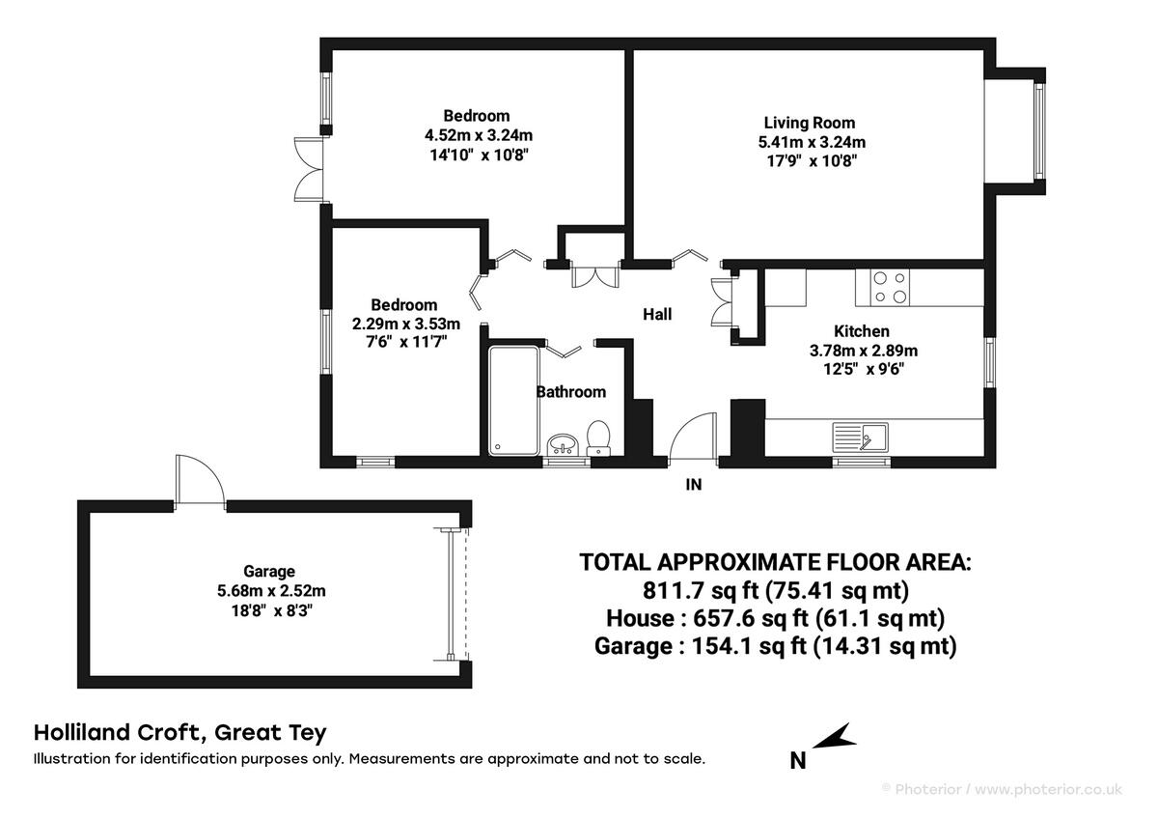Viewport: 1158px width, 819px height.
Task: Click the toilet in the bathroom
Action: [598, 438]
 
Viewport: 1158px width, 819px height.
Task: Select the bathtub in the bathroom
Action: [513, 401]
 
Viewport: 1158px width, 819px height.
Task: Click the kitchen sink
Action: [860, 438]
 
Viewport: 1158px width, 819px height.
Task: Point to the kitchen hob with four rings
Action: [889, 287]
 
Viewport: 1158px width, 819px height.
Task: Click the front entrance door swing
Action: [693, 437]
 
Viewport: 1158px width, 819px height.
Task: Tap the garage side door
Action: [200, 479]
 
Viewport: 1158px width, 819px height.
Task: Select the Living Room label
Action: [810, 123]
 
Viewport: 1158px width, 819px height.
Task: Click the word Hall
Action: [657, 314]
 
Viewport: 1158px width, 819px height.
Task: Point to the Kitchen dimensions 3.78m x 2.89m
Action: [864, 351]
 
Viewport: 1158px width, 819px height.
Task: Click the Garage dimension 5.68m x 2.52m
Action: [271, 591]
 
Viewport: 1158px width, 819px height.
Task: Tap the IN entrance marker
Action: [694, 484]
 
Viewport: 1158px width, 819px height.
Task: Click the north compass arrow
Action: [834, 737]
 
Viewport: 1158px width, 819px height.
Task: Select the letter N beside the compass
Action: [798, 760]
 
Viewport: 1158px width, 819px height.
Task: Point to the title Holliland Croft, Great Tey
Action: [180, 733]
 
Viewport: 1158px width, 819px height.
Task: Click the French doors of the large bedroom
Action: [309, 169]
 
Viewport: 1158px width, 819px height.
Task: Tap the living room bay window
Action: [1038, 131]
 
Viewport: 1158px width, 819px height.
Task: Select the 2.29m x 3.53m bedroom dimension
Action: [406, 324]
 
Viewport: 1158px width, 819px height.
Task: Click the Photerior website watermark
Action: [1003, 789]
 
